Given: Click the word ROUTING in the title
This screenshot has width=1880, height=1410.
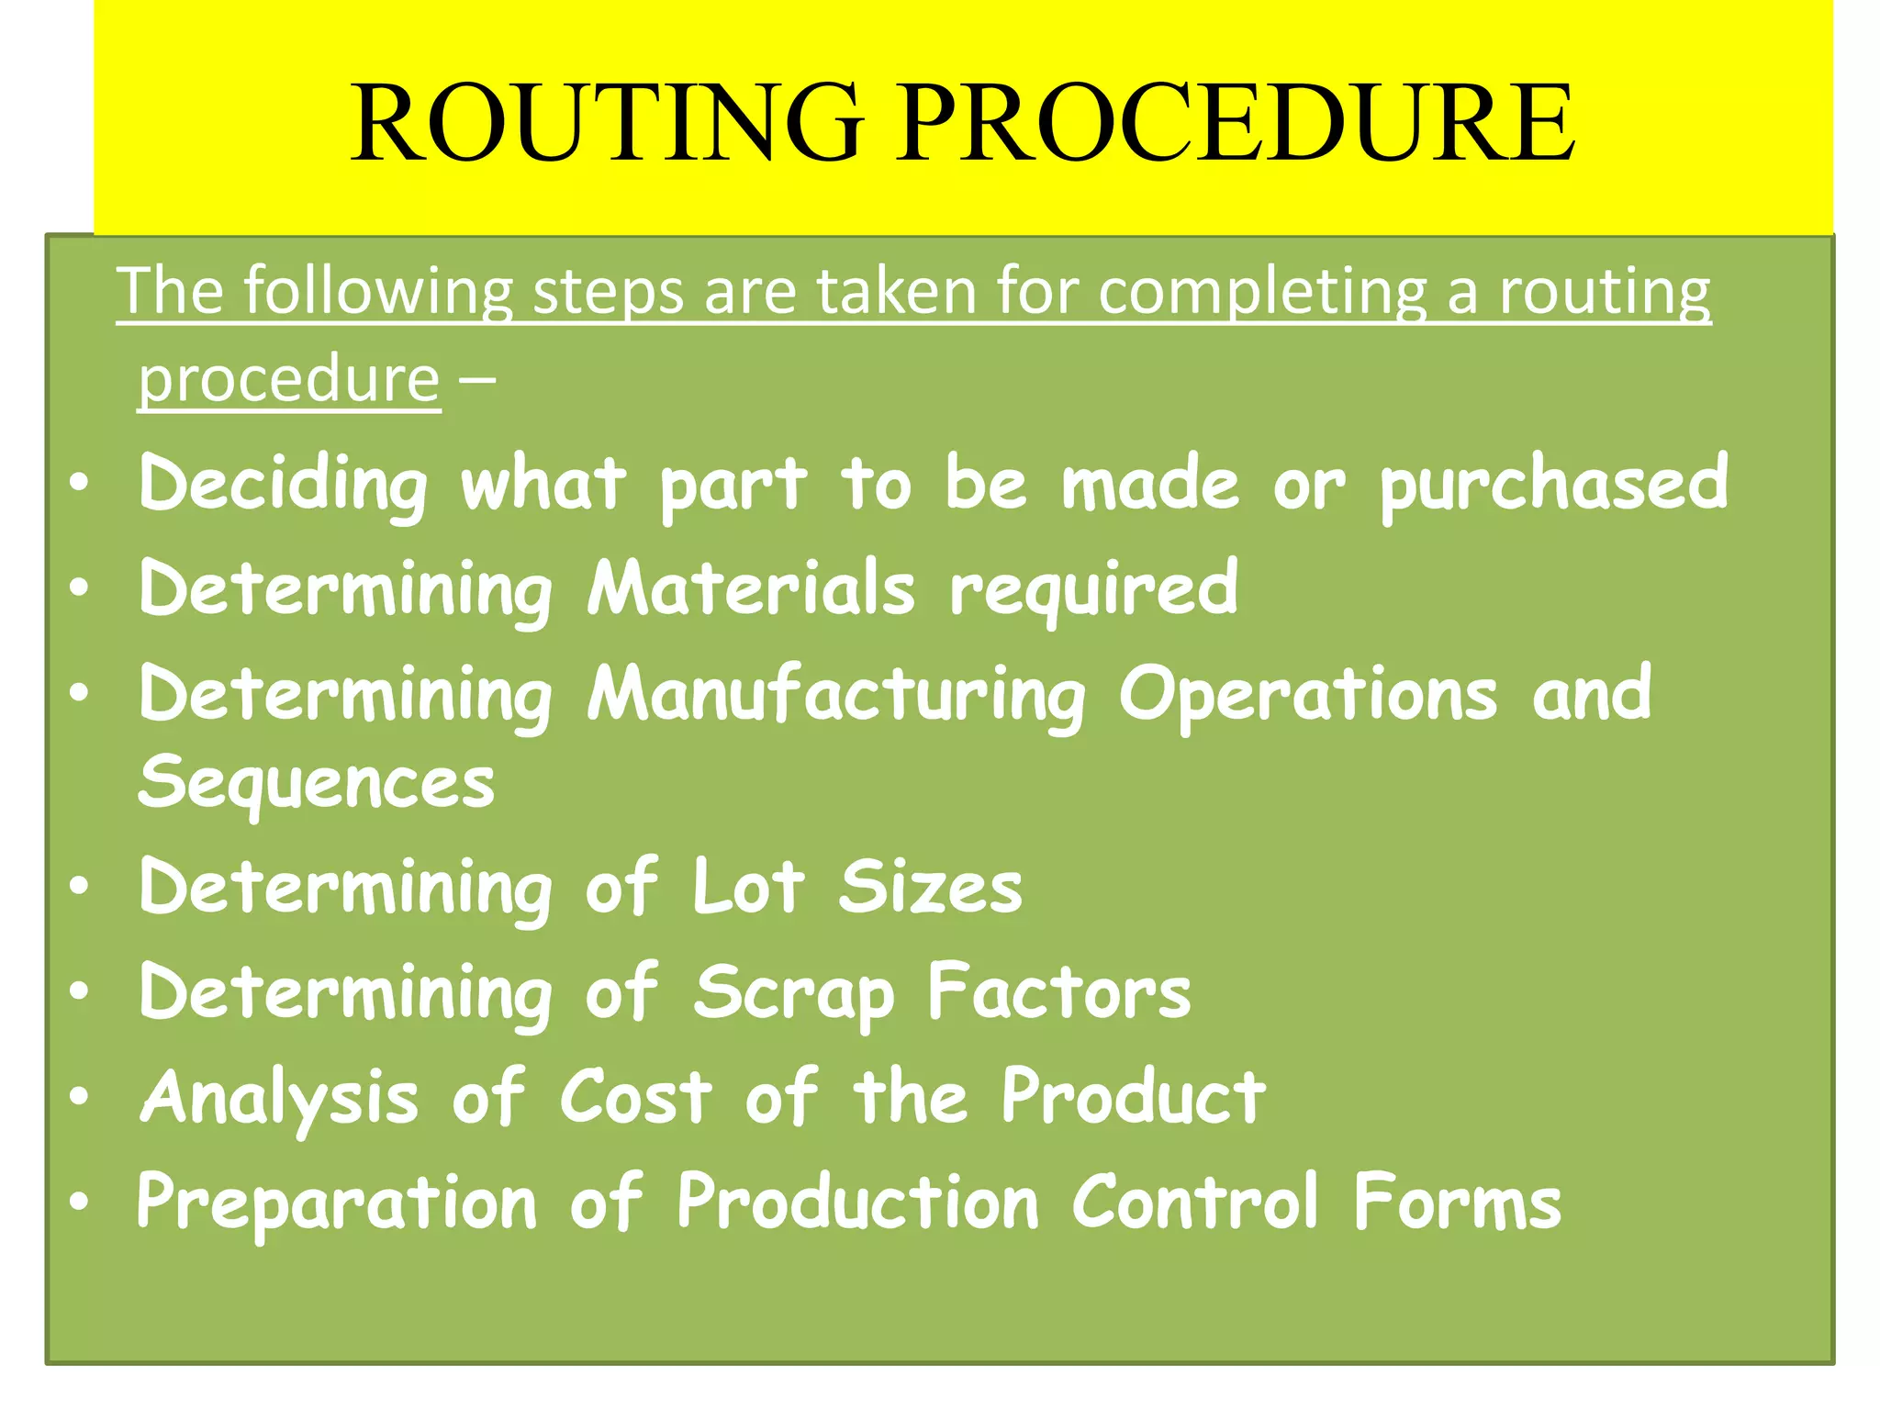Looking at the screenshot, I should pyautogui.click(x=607, y=123).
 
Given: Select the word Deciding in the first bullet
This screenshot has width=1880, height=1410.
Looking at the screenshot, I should pyautogui.click(x=283, y=484).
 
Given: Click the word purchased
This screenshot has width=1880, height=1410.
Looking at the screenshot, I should pyautogui.click(x=1553, y=484).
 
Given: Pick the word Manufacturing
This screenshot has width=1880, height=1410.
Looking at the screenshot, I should pyautogui.click(x=836, y=694).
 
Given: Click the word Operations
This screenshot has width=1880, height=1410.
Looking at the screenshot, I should pyautogui.click(x=1307, y=694).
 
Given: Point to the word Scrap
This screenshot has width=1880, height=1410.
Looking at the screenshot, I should pyautogui.click(x=793, y=993).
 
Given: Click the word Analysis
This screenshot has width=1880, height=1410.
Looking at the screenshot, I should pyautogui.click(x=279, y=1098).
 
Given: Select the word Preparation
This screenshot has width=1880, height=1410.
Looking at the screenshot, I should pyautogui.click(x=336, y=1203).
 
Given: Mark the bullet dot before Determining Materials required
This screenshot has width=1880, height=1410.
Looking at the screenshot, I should pyautogui.click(x=80, y=587).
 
